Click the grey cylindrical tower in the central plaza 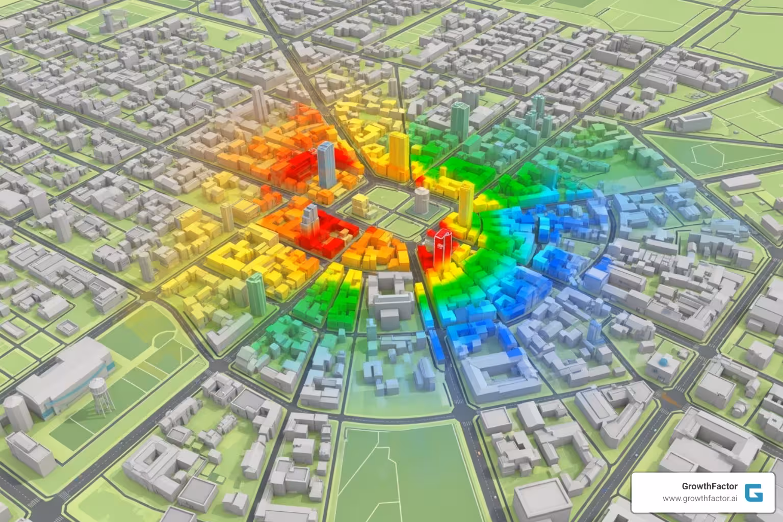coord(421,200)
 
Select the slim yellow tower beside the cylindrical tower coord(464,204)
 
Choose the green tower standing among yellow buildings coord(255,293)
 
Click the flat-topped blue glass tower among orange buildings coord(326,164)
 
